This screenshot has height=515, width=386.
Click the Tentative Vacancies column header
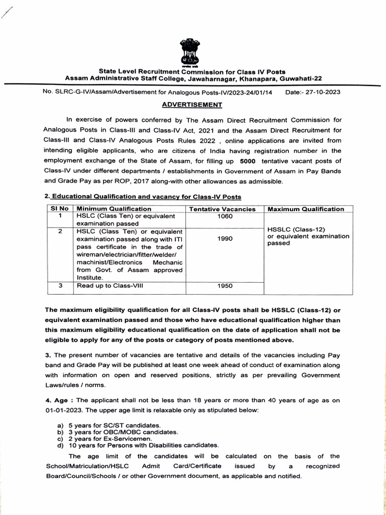225,209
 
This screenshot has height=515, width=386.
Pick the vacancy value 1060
225,216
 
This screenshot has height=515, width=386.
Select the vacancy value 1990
225,239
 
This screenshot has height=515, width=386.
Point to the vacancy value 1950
225,286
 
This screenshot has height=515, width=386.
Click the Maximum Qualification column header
306,209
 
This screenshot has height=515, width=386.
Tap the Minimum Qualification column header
114,209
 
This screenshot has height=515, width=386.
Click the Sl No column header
59,209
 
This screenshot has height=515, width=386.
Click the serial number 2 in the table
60,231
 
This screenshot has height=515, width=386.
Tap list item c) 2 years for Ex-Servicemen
108,438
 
